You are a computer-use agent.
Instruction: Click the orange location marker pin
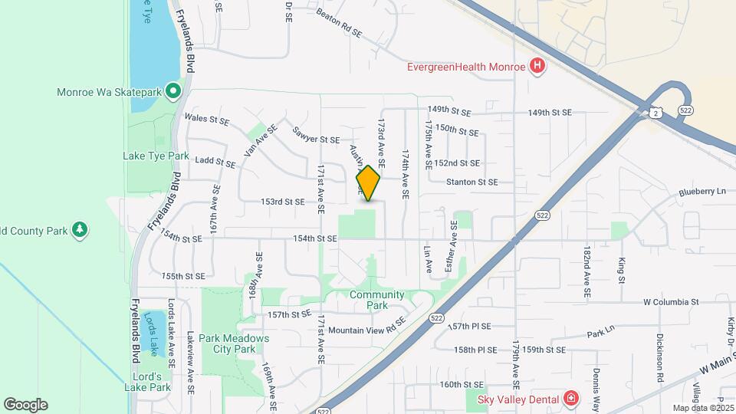click(369, 182)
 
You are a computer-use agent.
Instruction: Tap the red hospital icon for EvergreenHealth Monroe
click(538, 66)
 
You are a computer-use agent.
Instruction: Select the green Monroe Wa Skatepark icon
click(173, 92)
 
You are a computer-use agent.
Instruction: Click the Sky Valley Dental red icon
click(570, 398)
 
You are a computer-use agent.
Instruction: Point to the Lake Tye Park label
click(156, 156)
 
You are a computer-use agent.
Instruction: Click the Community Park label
click(376, 300)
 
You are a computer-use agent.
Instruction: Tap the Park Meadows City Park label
click(226, 343)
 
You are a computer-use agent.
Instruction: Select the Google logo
click(25, 405)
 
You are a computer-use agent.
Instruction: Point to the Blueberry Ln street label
click(701, 192)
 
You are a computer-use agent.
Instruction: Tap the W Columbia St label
click(671, 302)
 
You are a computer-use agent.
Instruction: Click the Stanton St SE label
click(472, 182)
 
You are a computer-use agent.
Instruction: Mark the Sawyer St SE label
click(315, 134)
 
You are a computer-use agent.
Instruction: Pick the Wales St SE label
click(208, 120)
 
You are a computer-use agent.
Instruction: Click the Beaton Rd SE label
click(339, 23)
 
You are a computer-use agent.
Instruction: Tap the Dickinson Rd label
click(659, 357)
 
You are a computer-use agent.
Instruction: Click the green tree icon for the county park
click(79, 229)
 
